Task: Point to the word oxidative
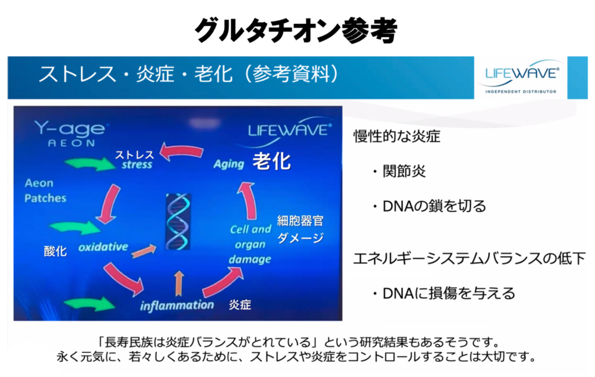102,246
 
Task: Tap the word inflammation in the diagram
177,304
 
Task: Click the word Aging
228,163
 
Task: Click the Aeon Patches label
45,191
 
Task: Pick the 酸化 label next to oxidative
55,251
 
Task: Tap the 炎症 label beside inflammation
239,304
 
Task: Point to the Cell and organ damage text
250,244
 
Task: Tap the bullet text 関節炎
400,171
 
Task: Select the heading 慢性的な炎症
397,137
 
